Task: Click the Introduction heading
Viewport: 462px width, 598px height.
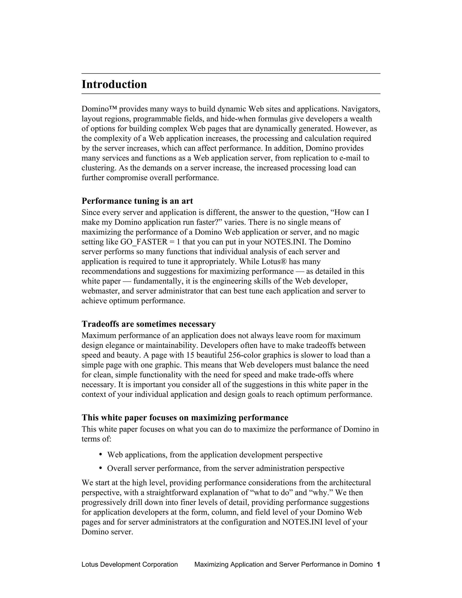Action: [x=114, y=84]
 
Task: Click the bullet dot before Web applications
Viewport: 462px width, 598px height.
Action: [x=100, y=454]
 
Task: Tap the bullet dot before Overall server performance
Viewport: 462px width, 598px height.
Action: [x=100, y=468]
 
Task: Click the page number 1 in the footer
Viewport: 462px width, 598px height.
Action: [x=378, y=564]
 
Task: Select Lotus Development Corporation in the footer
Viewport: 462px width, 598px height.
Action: [x=130, y=564]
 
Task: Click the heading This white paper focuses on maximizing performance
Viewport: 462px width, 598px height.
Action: [x=185, y=417]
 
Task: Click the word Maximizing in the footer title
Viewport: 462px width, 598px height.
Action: [x=211, y=564]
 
